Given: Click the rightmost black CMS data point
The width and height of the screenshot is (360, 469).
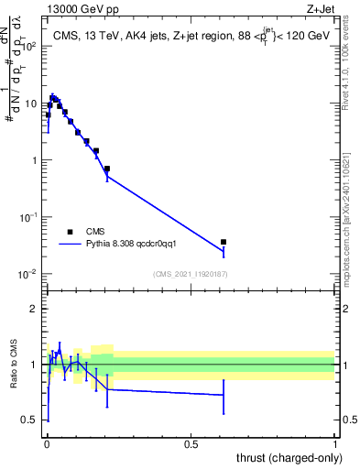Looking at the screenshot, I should [x=224, y=242].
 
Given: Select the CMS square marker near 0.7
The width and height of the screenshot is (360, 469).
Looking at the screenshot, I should [x=107, y=169].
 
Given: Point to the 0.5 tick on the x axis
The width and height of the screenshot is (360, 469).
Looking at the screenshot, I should [x=191, y=443].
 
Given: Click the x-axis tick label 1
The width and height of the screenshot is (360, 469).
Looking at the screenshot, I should [x=335, y=443].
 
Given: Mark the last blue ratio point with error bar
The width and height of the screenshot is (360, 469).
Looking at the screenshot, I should [x=224, y=395].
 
